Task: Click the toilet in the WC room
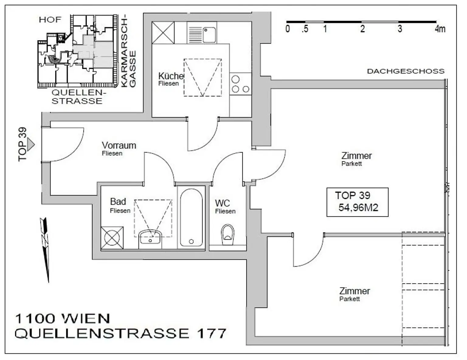coord(228,234)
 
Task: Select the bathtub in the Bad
coord(191,218)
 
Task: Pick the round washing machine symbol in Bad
coord(112,238)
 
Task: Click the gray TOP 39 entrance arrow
coord(31,144)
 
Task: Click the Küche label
coord(171,76)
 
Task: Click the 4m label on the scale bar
coord(440,29)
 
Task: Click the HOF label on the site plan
coord(50,20)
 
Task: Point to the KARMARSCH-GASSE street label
coord(128,52)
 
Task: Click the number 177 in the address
coord(211,333)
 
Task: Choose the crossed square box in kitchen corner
coord(163,33)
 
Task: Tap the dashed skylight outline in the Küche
coord(202,77)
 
